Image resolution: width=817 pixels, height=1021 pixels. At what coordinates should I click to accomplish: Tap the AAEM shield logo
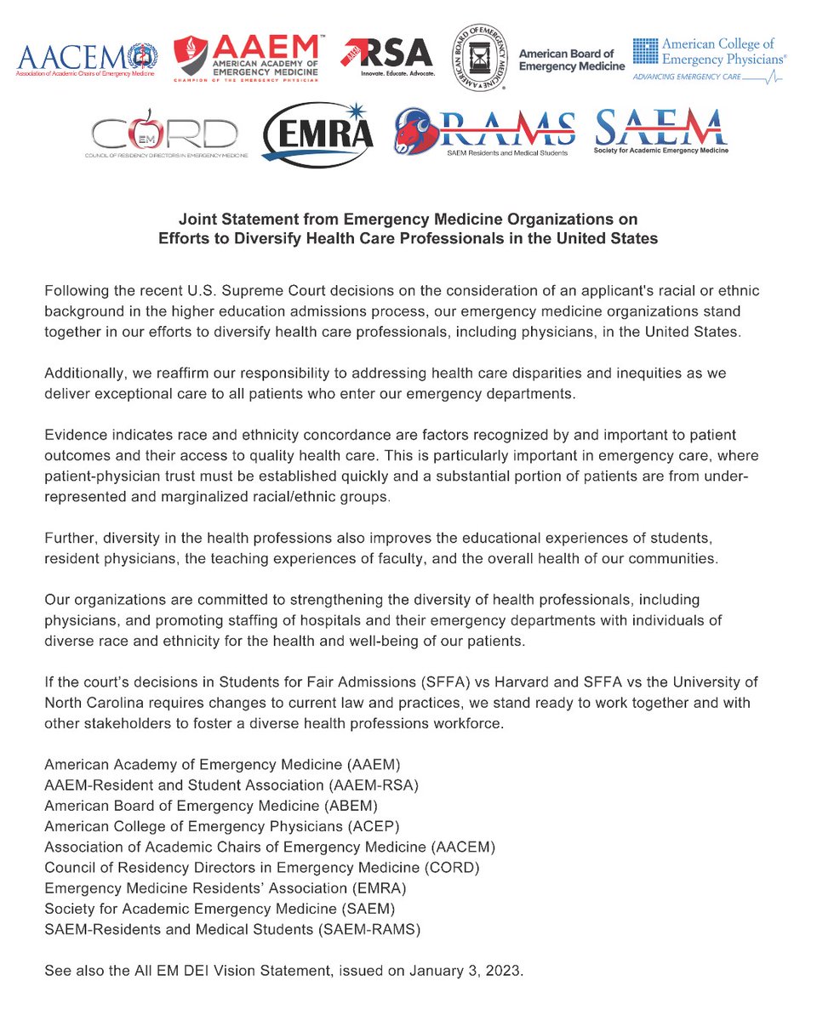(191, 60)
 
